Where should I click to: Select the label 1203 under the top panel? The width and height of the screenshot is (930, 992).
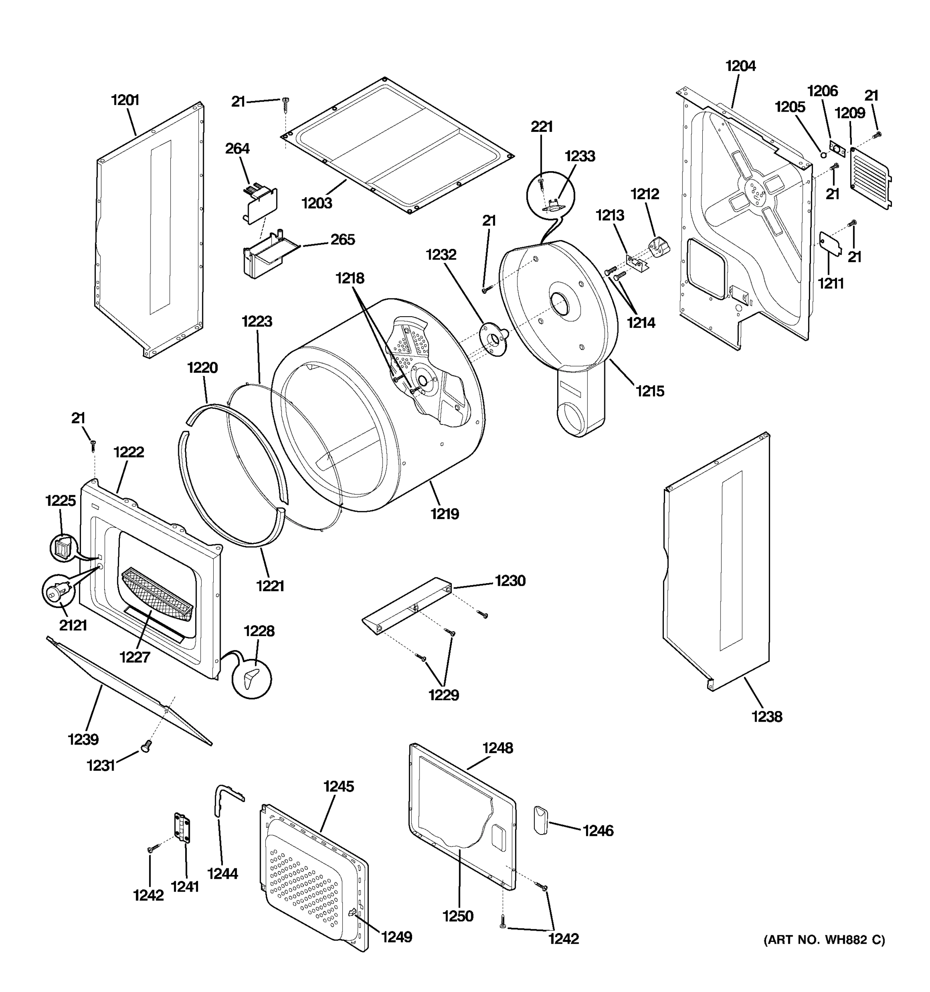pyautogui.click(x=317, y=203)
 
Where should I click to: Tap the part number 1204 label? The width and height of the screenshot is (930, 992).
pyautogui.click(x=740, y=66)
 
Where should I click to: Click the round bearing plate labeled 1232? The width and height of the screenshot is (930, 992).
pyautogui.click(x=491, y=339)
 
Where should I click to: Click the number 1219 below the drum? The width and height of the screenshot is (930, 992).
pyautogui.click(x=445, y=513)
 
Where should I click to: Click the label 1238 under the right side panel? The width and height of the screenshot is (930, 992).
pyautogui.click(x=767, y=717)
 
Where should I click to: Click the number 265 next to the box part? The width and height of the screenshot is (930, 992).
pyautogui.click(x=343, y=239)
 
